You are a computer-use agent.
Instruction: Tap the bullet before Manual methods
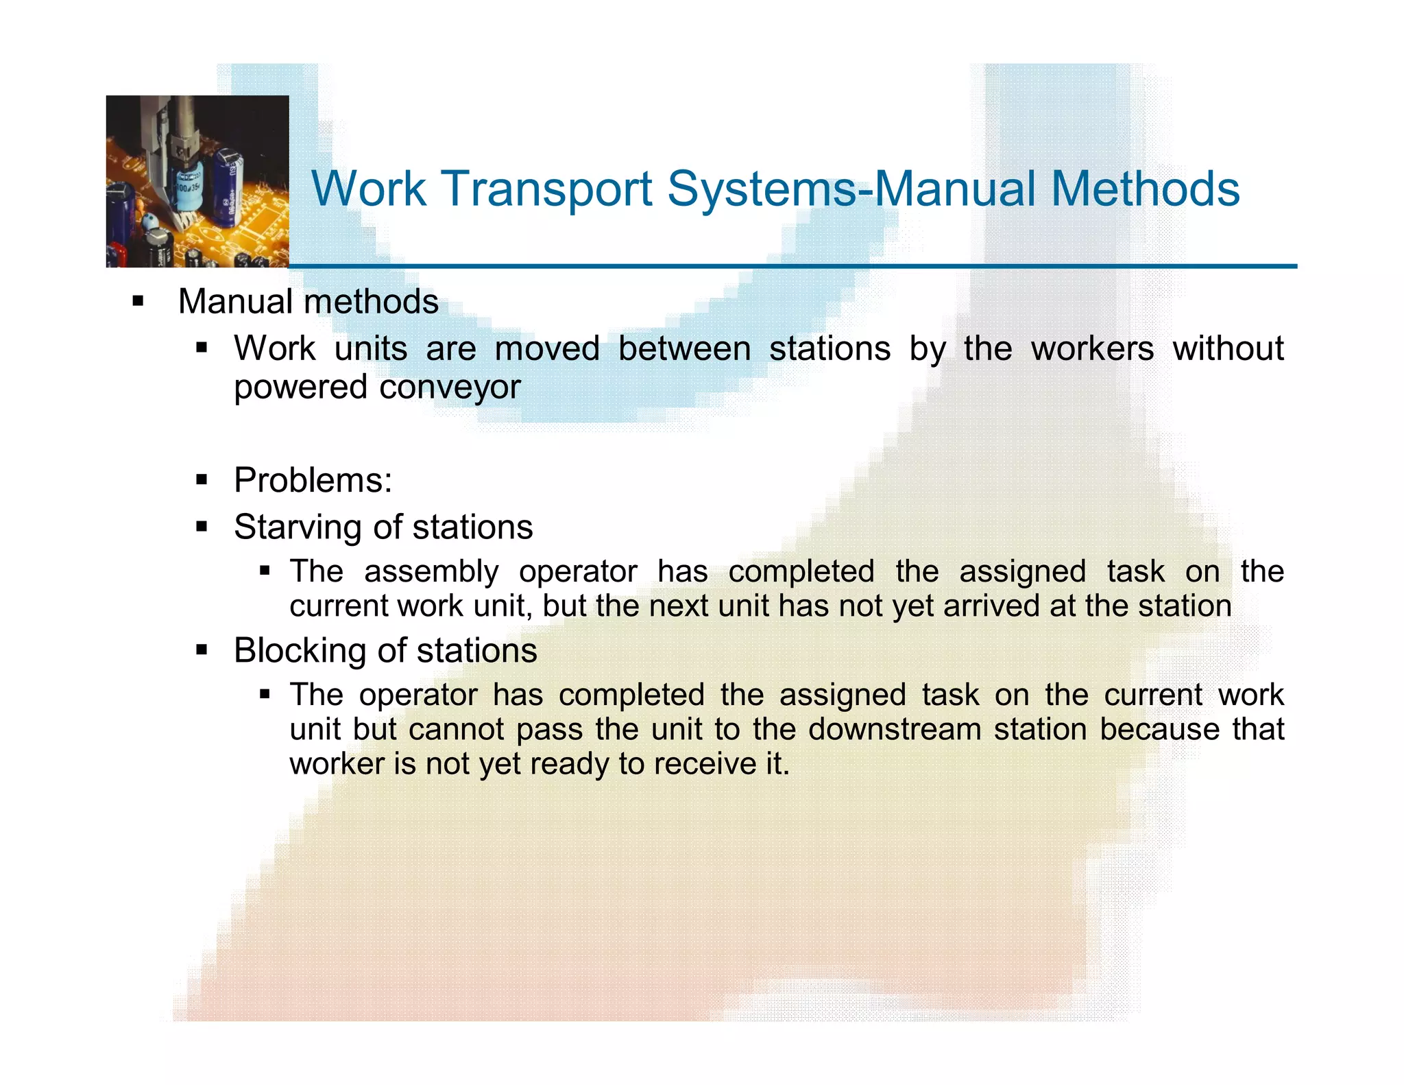coord(138,301)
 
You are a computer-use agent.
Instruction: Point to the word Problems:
coord(313,479)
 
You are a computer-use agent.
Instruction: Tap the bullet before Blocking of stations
coord(202,649)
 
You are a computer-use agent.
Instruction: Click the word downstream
coord(895,729)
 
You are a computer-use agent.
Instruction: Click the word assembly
coord(431,571)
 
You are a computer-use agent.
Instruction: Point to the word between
coord(684,348)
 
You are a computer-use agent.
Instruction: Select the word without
coord(1228,348)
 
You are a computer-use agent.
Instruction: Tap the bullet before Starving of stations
coord(202,527)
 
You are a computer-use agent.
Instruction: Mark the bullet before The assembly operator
coord(265,571)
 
